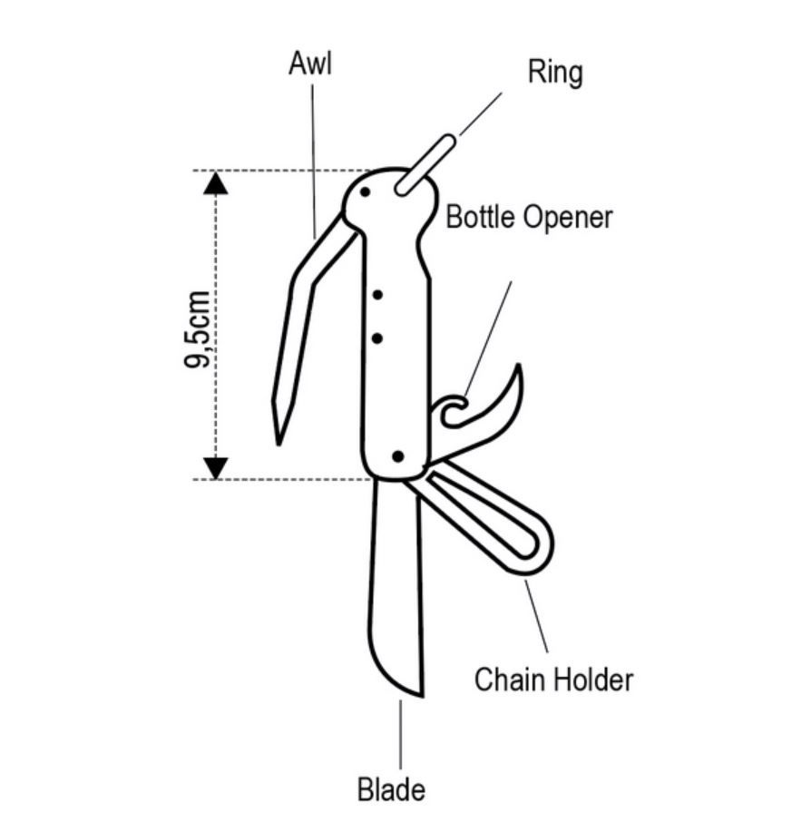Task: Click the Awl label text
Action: pos(310,65)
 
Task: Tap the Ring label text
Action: pos(555,73)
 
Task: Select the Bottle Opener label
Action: pos(529,218)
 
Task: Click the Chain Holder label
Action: pos(553,679)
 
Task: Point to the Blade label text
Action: pos(391,789)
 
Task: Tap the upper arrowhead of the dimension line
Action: pos(216,183)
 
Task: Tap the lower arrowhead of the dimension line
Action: pos(216,467)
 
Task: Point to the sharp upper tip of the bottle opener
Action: pos(518,368)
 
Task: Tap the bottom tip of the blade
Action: pos(420,694)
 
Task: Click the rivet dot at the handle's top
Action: pos(365,192)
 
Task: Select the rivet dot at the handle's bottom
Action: pos(397,456)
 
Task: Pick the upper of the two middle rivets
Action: pos(378,295)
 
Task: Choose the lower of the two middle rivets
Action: pos(378,338)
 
